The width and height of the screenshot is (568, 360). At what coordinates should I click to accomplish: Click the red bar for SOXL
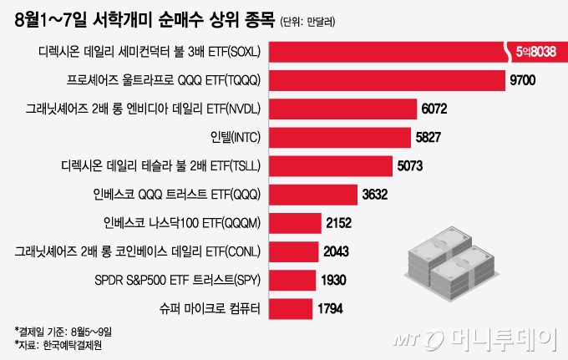[384, 52]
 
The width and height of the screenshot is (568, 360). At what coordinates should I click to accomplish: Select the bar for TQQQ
[388, 80]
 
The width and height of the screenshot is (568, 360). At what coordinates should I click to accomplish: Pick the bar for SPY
[294, 280]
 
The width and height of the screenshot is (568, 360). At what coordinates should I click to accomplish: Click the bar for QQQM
[297, 223]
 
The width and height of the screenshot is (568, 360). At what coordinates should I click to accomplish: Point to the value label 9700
[528, 80]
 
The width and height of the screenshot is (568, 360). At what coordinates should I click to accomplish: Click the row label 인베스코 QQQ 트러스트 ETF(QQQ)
[177, 195]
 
